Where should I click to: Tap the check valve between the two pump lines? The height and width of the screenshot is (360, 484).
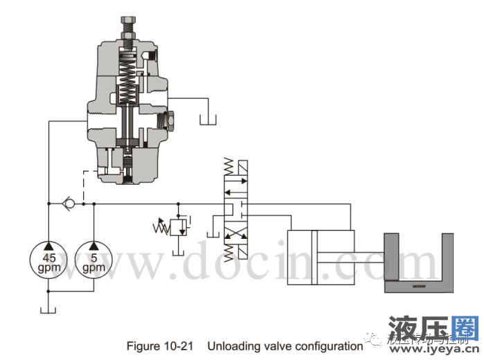click(x=68, y=204)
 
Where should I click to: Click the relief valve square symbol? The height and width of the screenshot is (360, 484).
click(x=179, y=226)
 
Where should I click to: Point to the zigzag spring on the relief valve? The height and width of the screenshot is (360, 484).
click(x=162, y=227)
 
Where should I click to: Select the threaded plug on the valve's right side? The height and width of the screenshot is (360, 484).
click(x=168, y=123)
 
